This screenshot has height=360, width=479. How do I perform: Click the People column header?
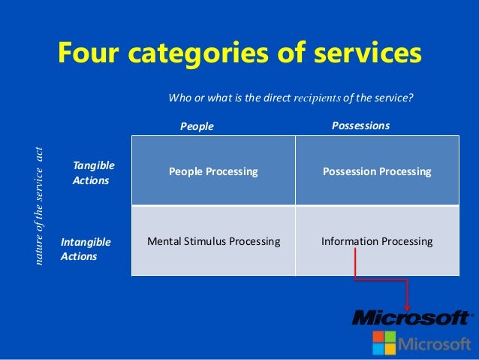[x=197, y=126]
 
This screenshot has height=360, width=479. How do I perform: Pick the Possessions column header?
[x=360, y=126]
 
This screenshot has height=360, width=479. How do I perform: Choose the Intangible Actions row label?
[x=86, y=249]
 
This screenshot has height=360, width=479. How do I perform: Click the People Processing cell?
[x=213, y=171]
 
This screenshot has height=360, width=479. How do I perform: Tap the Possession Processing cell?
[x=377, y=171]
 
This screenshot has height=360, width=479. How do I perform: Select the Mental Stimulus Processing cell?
[x=213, y=241]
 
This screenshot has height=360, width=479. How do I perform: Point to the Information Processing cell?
[x=377, y=241]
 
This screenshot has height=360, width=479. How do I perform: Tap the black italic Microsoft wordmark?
[x=412, y=318]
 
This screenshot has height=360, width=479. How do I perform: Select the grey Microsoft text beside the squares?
[x=435, y=343]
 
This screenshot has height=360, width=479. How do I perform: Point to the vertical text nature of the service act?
[x=41, y=202]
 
